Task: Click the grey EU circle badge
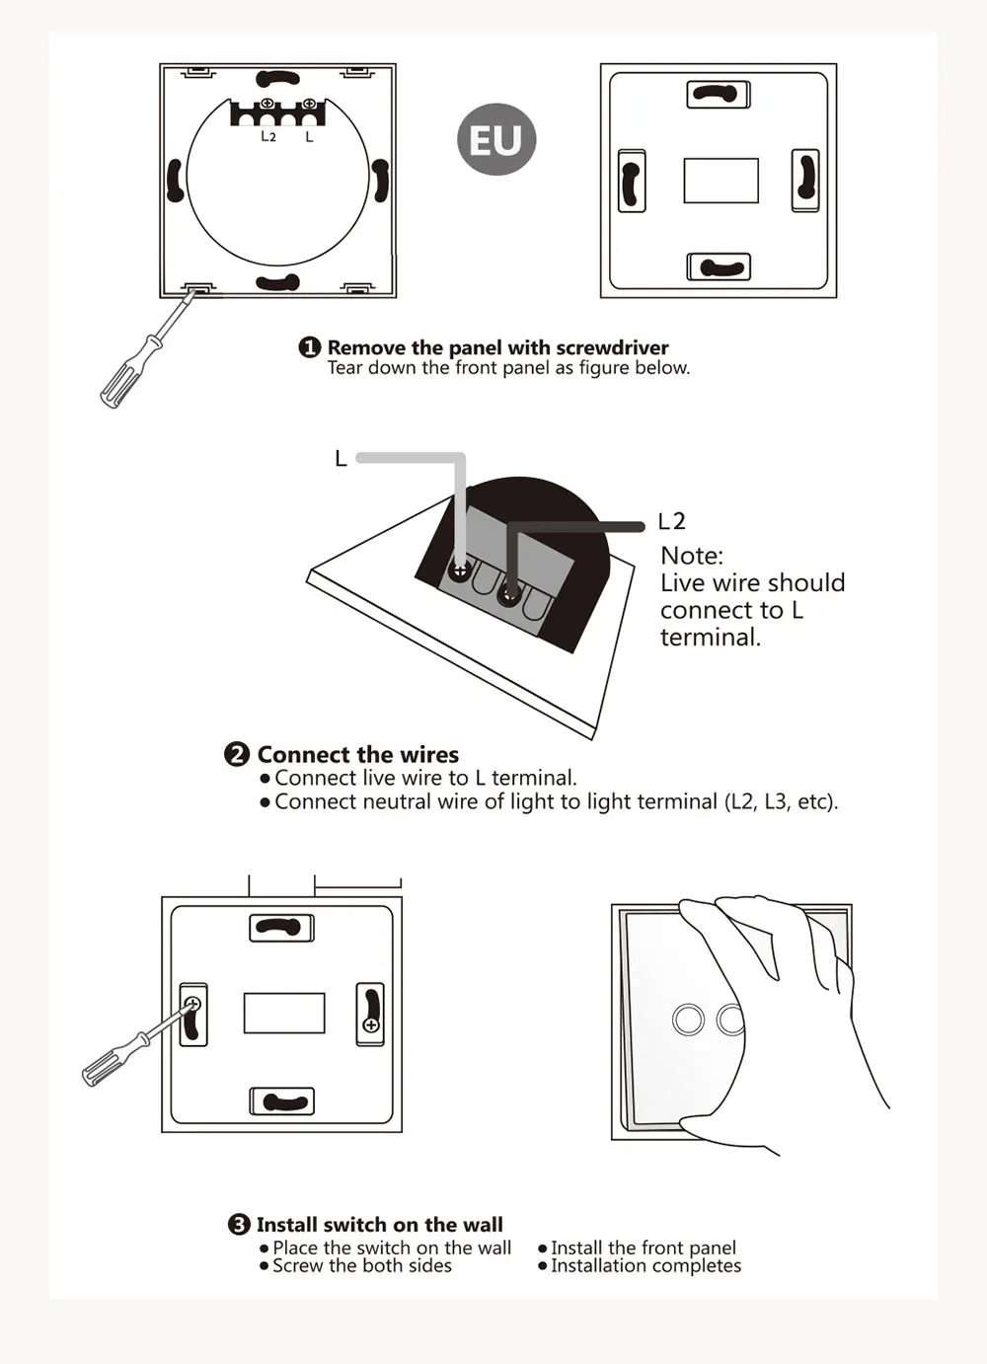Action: coord(496,139)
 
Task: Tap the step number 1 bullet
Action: coord(309,347)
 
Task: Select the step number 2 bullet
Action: coord(237,754)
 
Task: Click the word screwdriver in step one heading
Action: coord(612,347)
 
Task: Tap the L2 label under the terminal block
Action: coord(267,136)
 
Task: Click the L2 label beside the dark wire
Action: coord(672,521)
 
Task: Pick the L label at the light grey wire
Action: coord(341,459)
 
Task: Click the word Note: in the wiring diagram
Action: coord(692,556)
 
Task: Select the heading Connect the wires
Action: coord(358,754)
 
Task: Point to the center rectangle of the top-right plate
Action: coord(721,181)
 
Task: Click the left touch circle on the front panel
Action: coord(688,1019)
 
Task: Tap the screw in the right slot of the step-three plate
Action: coord(370,1025)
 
